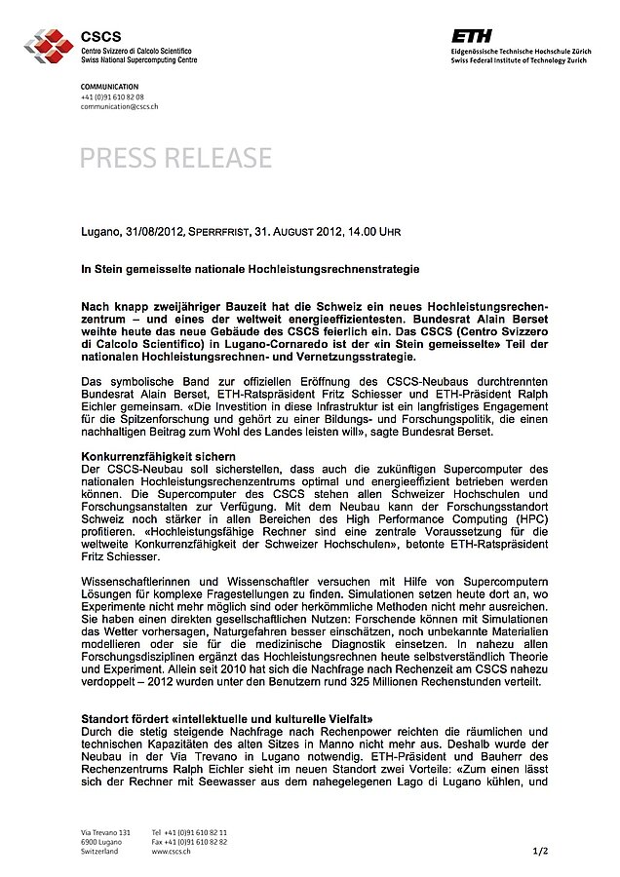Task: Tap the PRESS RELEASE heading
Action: pos(176,157)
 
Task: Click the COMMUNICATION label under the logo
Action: pos(110,88)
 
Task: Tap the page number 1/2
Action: pos(541,851)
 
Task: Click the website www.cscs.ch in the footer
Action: pos(172,851)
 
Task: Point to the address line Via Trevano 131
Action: pos(105,831)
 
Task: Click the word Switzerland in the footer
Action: pos(99,851)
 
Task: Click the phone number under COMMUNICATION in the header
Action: pos(112,96)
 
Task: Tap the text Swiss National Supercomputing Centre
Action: pos(138,59)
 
